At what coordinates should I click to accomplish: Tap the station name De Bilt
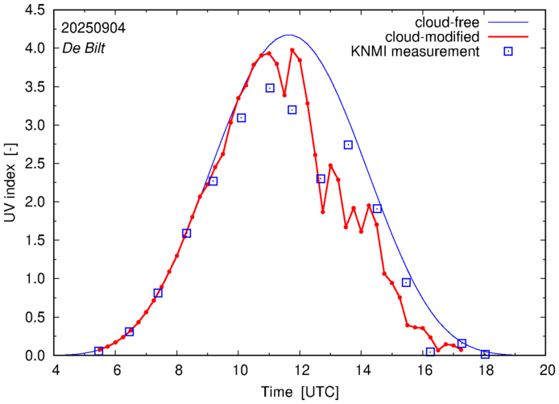[x=84, y=47]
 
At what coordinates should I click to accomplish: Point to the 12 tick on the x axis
[x=300, y=371]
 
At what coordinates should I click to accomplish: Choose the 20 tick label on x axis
[x=547, y=371]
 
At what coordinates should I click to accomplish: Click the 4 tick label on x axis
[x=56, y=371]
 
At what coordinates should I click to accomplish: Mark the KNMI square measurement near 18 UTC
[x=485, y=354]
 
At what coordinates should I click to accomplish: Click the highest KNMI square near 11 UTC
[x=270, y=88]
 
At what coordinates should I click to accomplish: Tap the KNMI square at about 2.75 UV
[x=348, y=145]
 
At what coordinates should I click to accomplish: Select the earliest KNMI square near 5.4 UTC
[x=98, y=351]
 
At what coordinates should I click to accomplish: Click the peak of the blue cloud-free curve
[x=289, y=35]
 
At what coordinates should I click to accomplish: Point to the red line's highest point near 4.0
[x=292, y=50]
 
